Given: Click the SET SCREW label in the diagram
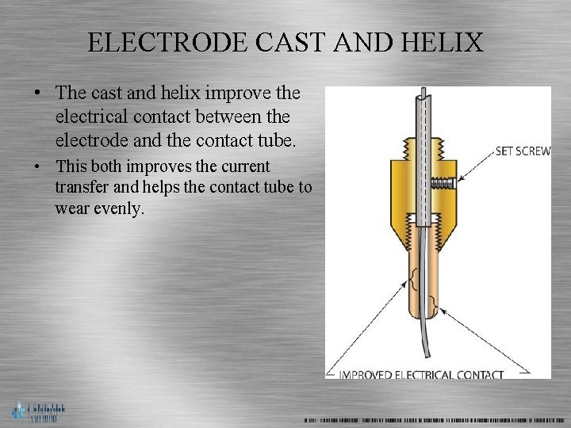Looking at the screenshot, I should [523, 151].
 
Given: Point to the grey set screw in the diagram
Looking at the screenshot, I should [442, 182].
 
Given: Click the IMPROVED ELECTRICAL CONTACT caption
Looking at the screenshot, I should [420, 375].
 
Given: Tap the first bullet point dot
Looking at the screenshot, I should [37, 94].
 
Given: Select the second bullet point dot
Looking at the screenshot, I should [37, 167].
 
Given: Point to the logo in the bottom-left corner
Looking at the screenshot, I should [37, 411].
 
